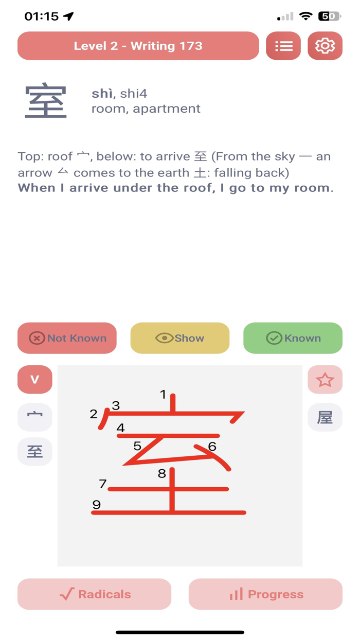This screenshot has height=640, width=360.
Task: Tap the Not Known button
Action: [67, 338]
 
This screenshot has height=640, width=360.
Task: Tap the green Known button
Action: [293, 338]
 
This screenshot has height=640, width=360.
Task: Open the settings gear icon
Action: [325, 46]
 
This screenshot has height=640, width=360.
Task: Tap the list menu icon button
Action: [283, 46]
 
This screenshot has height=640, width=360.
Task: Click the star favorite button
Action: [325, 380]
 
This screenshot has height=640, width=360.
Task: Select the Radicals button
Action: [94, 594]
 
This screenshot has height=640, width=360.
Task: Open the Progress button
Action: [266, 594]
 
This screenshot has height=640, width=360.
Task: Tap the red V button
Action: [35, 380]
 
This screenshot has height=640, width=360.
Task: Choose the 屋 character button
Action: [325, 417]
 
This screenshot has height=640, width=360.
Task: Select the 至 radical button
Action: [35, 451]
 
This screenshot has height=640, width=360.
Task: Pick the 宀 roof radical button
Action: [35, 417]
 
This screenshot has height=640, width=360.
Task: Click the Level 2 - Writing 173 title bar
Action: [138, 46]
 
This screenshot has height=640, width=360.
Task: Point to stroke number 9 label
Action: [97, 505]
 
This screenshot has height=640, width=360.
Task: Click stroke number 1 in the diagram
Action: [173, 403]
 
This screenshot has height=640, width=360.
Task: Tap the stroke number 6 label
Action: [212, 447]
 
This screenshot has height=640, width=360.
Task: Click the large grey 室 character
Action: [46, 100]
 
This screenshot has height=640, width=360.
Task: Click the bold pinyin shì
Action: [102, 94]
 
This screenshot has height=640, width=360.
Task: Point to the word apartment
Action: [167, 109]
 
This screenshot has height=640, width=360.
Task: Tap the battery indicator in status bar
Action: [330, 16]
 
